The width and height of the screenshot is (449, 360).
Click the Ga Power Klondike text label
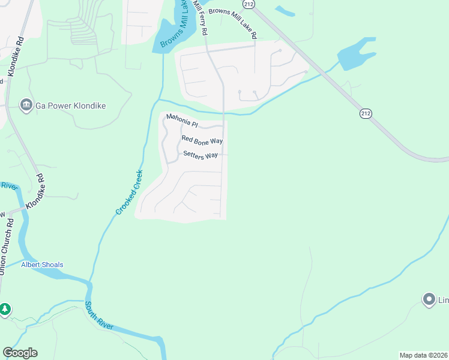[x=71, y=106]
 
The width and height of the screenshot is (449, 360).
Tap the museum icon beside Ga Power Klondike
[x=26, y=106]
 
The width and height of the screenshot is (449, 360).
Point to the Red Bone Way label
[x=202, y=140]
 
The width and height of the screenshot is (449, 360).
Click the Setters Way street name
[x=200, y=155]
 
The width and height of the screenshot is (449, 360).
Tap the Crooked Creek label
[x=130, y=192]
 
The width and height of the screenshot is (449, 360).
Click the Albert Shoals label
[x=42, y=265]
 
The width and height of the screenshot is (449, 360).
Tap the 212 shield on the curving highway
[x=365, y=113]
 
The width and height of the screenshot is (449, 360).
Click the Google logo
[x=20, y=353]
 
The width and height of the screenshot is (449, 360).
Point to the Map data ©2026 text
[x=423, y=355]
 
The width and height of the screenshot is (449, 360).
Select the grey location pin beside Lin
[x=429, y=299]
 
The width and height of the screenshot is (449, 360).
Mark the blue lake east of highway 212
[x=357, y=53]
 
